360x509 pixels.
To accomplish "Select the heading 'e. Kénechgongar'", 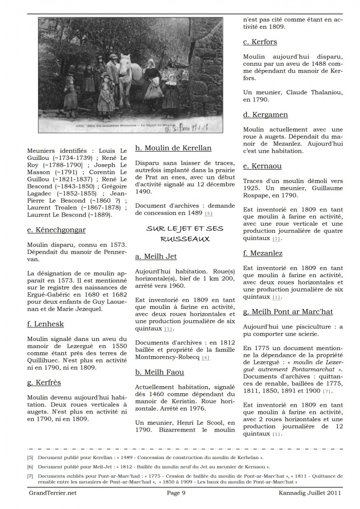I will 57,230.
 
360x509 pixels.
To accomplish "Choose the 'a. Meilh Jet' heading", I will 156,256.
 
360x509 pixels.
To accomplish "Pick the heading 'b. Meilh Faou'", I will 159,372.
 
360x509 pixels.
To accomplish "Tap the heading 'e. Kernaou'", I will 262,166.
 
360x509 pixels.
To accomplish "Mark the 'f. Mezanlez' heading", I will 263,253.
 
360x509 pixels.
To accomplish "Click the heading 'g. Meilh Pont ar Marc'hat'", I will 288,312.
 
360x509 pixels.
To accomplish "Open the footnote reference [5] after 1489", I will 208,213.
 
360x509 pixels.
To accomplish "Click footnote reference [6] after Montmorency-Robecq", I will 206,358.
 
